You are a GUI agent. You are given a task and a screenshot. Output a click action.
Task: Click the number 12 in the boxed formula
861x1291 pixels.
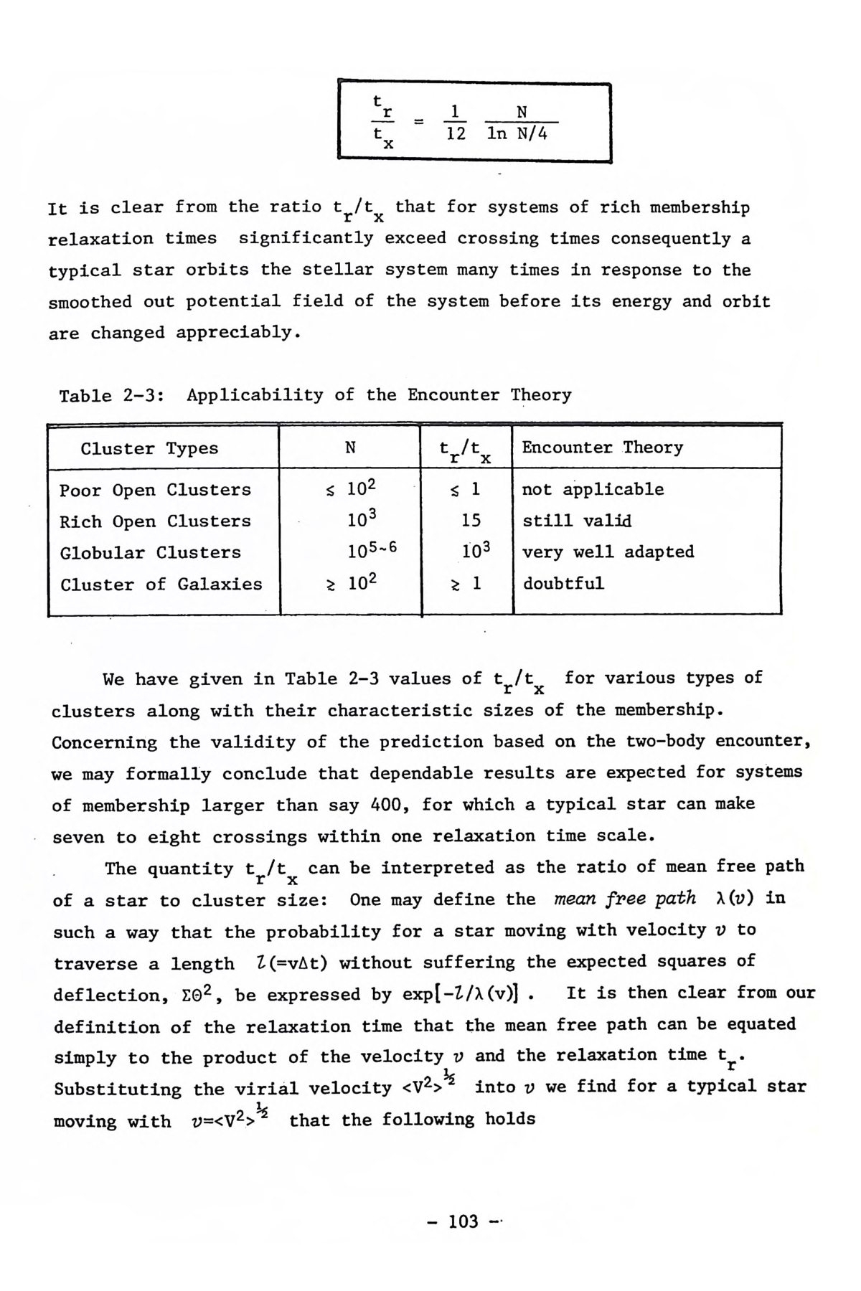tap(456, 134)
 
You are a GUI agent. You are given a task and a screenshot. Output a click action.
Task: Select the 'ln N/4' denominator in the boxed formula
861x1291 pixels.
tap(517, 134)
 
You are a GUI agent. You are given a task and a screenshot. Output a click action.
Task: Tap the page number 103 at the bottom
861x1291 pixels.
tap(463, 1221)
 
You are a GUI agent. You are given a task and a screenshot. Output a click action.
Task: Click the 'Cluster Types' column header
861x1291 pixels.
tap(149, 449)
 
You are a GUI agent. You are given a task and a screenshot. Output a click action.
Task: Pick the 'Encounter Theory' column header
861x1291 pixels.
tap(602, 448)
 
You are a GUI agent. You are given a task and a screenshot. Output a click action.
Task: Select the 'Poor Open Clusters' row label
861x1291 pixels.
tap(155, 490)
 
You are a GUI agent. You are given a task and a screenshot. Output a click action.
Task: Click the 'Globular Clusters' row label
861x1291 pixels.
tap(151, 553)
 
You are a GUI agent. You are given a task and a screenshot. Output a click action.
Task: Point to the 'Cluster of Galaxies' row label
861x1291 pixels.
tap(161, 585)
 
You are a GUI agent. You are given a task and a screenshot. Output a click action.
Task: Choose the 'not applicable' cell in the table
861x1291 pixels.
tap(593, 489)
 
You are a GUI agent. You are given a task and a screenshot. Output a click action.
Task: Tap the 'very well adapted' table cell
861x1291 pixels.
tap(608, 552)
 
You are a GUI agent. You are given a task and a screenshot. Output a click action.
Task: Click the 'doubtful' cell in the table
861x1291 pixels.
tap(563, 583)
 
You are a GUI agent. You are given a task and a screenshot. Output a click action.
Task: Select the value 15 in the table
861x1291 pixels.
tap(471, 521)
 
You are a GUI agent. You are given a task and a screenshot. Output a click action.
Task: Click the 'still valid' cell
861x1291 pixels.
tap(577, 521)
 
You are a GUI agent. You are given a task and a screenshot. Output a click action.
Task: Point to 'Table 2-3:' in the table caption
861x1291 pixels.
tap(110, 396)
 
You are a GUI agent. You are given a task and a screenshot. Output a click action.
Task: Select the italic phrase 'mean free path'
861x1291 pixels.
tap(625, 898)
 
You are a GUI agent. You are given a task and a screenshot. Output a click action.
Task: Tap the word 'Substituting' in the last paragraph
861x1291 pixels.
tap(118, 1089)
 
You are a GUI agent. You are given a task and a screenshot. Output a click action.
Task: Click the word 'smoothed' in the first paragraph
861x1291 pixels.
tap(90, 302)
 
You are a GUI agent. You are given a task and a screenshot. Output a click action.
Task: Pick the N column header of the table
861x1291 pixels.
tap(350, 448)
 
